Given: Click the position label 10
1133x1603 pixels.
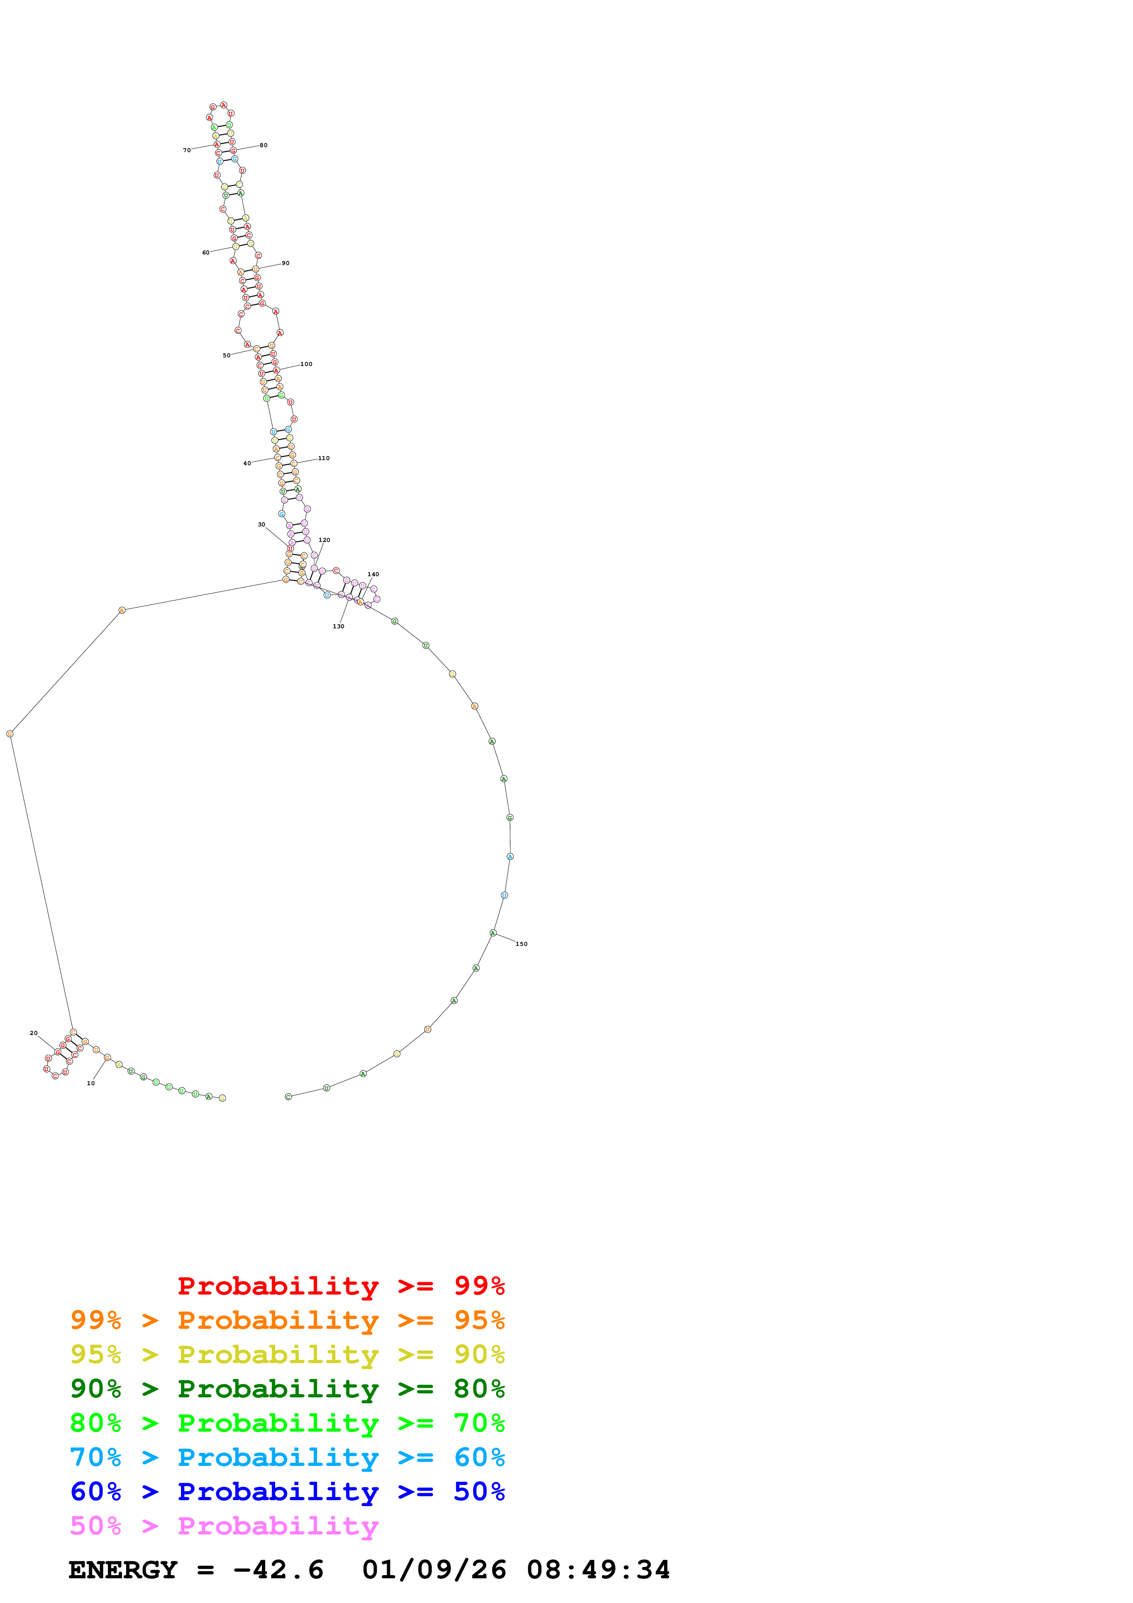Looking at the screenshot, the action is pos(91,1083).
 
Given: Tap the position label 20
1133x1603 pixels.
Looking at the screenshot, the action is pos(33,1033).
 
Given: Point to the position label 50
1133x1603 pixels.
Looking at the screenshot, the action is pos(226,356).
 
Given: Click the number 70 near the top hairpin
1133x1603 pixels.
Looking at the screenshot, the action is pos(186,150).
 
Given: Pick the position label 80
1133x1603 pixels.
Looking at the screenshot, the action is pos(263,145).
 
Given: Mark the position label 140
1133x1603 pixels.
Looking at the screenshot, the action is pos(373,574).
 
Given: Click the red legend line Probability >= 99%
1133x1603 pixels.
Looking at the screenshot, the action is pos(340,1285).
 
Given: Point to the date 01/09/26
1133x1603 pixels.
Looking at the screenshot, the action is pos(434,1570).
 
